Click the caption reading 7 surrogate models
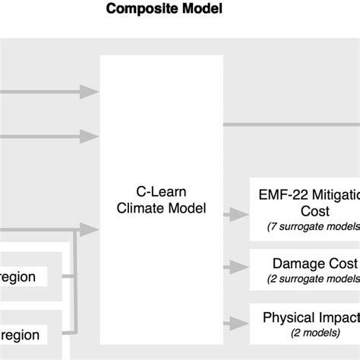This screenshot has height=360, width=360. pyautogui.click(x=312, y=226)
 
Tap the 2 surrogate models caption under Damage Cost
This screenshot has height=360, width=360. pyautogui.click(x=312, y=279)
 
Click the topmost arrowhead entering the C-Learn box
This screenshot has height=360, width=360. pyautogui.click(x=90, y=92)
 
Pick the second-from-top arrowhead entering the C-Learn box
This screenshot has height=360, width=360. pyautogui.click(x=90, y=137)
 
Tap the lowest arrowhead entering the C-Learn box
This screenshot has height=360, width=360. pyautogui.click(x=90, y=226)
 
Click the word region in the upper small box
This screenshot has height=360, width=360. pyautogui.click(x=18, y=277)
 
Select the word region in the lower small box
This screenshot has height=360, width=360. pyautogui.click(x=18, y=333)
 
